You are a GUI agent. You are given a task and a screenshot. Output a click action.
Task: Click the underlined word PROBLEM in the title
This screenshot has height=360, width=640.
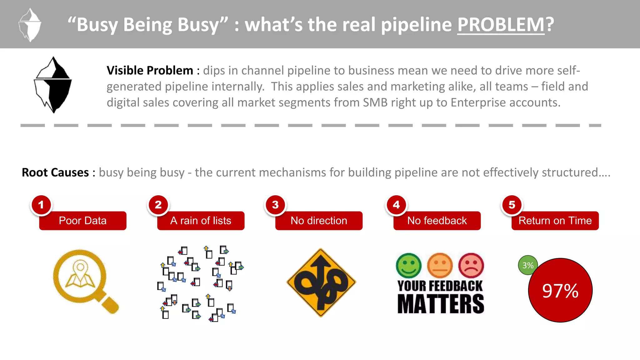pyautogui.click(x=501, y=24)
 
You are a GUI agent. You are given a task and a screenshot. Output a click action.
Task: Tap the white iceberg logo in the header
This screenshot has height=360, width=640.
pyautogui.click(x=30, y=25)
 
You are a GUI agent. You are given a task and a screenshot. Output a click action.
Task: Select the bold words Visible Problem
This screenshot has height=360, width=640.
pyautogui.click(x=150, y=71)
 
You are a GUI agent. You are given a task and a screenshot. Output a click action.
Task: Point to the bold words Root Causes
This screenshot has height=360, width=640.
pyautogui.click(x=55, y=172)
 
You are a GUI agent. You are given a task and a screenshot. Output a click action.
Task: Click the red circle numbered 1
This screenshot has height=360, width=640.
pyautogui.click(x=41, y=205)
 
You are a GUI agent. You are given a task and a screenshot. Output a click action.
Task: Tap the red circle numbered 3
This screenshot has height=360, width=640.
pyautogui.click(x=275, y=205)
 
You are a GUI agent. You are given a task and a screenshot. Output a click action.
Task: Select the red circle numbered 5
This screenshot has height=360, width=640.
pyautogui.click(x=512, y=205)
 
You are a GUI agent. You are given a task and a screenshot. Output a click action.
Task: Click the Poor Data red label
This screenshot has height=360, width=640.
pyautogui.click(x=83, y=221)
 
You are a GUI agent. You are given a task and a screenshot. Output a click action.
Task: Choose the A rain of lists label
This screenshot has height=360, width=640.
pyautogui.click(x=201, y=221)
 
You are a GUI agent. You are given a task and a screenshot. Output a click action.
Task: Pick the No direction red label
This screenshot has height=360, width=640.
pyautogui.click(x=319, y=221)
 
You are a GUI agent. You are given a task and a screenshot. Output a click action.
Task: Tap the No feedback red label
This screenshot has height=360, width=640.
pyautogui.click(x=437, y=221)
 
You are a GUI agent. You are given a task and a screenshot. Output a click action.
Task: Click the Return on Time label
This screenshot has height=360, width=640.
pyautogui.click(x=555, y=221)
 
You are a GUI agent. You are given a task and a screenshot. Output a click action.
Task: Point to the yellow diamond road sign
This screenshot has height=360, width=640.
pyautogui.click(x=321, y=282)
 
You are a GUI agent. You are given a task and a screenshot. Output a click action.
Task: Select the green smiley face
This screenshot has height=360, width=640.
pyautogui.click(x=408, y=266)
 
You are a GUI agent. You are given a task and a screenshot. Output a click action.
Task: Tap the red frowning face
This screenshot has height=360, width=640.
pyautogui.click(x=471, y=266)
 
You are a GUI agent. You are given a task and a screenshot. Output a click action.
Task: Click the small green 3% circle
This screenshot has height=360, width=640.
pyautogui.click(x=527, y=265)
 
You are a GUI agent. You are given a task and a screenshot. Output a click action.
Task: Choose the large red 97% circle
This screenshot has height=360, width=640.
pyautogui.click(x=560, y=290)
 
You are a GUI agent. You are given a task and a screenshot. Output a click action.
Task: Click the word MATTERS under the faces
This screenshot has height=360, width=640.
pyautogui.click(x=440, y=304)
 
